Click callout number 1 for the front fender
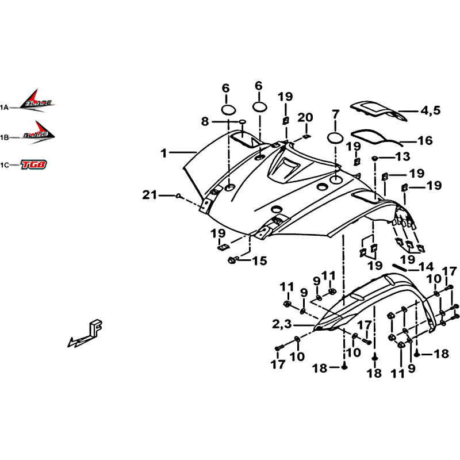pos(164,154)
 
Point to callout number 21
pos(149,196)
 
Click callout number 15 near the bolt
pos(259,261)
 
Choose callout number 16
pos(425,140)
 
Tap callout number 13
pos(402,156)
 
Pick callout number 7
pos(336,113)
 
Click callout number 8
pos(205,121)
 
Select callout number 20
pos(305,117)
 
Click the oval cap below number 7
pos(336,137)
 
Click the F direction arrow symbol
pos(86,333)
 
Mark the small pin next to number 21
pos(179,197)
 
